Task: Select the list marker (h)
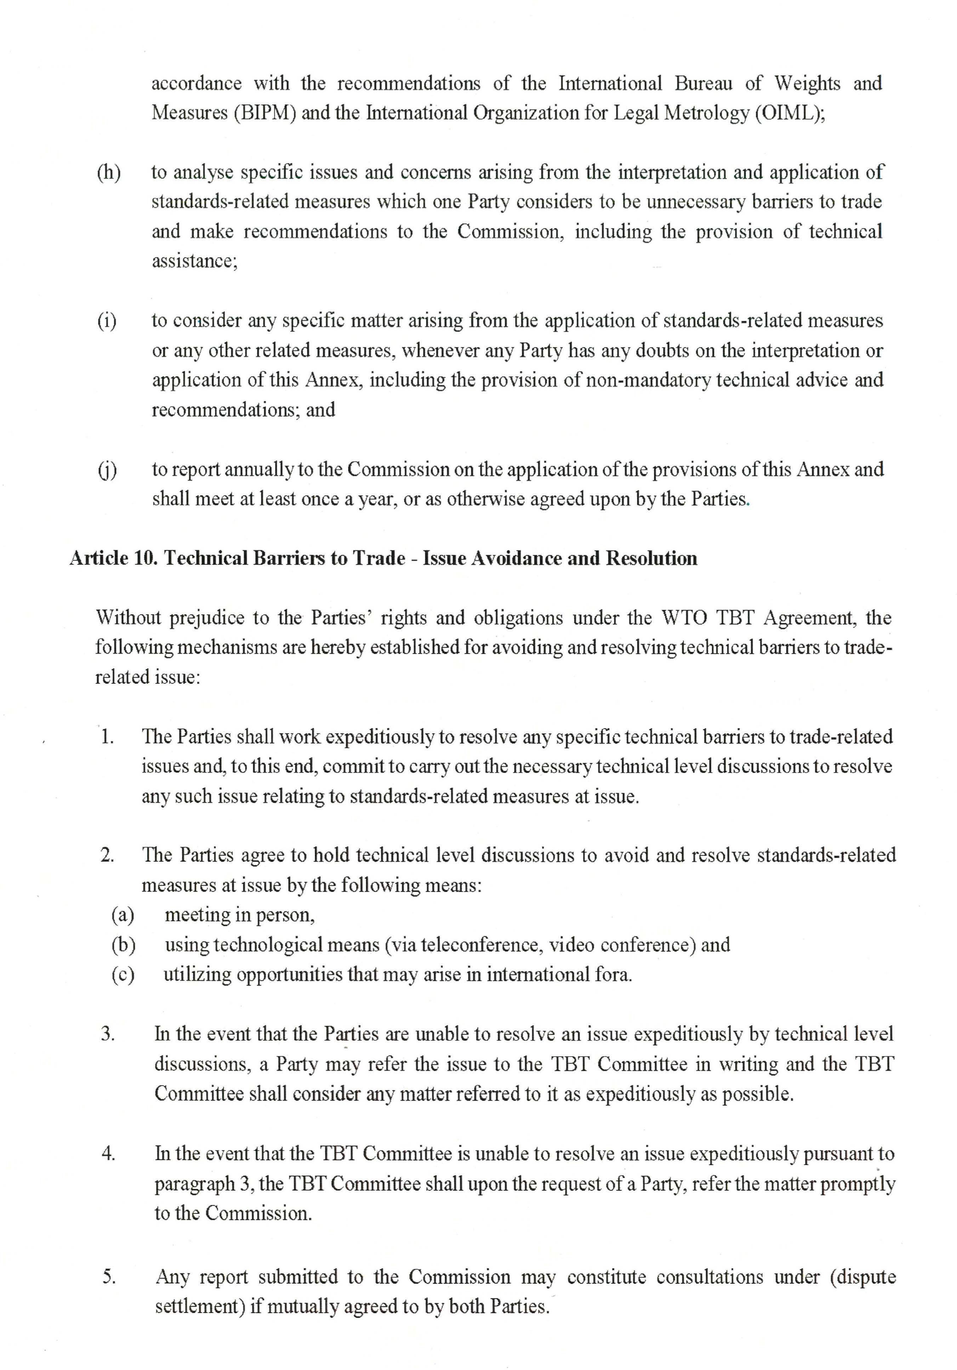click(108, 173)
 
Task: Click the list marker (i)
click(107, 321)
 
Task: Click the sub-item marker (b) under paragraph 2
click(123, 945)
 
